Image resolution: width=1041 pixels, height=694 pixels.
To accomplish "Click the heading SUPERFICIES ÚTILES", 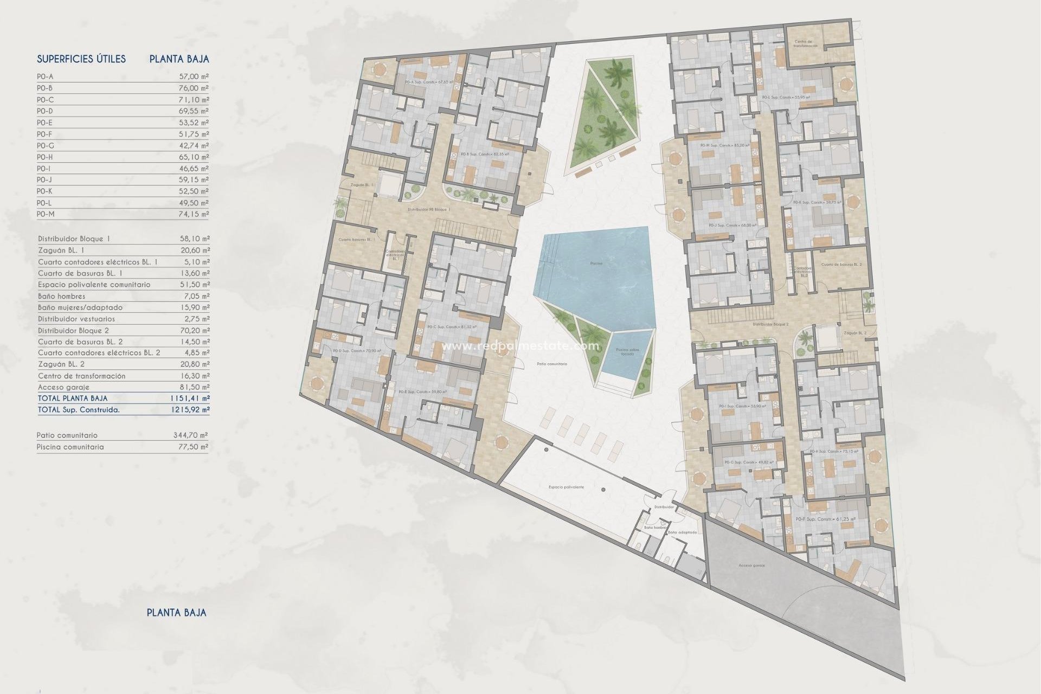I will coord(81,59).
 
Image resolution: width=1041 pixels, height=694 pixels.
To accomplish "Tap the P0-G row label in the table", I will coord(46,145).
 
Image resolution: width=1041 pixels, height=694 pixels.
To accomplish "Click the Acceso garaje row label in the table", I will coord(64,387).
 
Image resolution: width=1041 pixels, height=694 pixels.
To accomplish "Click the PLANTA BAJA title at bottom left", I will coord(177,613).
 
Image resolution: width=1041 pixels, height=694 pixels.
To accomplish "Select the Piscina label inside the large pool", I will coord(596,264).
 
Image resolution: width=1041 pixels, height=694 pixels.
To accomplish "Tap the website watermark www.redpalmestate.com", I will coord(520,346).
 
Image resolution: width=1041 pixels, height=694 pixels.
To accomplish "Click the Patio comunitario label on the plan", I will coord(551,364).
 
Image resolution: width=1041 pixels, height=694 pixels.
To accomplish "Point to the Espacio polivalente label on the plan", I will coord(566,487).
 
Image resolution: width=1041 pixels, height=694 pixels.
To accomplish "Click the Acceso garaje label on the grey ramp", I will coord(751,566).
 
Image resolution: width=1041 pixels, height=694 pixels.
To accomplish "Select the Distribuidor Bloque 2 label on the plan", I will coord(770,324).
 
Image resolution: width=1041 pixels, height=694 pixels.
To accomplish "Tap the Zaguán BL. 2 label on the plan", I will coord(855,333).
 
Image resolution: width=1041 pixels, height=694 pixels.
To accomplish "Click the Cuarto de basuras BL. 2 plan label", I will coord(841,265).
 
